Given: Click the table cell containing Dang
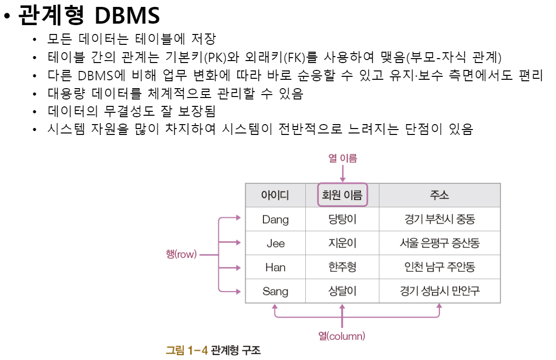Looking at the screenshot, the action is click(275, 219).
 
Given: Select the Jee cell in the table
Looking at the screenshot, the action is click(275, 243).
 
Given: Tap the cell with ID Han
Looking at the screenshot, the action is click(275, 267).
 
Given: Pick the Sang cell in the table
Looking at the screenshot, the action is click(275, 291).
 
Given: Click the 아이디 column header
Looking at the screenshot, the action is click(275, 196).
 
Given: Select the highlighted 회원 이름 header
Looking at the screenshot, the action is click(342, 196).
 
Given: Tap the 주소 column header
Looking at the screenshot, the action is click(439, 196).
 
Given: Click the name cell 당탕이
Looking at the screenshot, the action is click(342, 219).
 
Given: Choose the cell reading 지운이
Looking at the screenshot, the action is click(342, 243).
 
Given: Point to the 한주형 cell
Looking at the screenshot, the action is click(342, 267).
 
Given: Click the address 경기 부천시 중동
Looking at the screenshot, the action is click(439, 219).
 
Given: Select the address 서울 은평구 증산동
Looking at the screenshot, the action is click(439, 243).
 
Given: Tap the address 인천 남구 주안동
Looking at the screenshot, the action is click(439, 267).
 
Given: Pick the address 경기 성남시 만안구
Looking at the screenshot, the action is click(439, 291).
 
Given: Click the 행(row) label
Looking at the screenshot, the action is click(181, 255).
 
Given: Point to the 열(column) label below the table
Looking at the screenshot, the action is click(341, 336).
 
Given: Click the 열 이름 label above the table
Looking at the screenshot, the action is click(342, 158).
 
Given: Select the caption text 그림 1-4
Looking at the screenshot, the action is click(187, 351).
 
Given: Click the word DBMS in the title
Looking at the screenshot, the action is click(127, 16).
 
